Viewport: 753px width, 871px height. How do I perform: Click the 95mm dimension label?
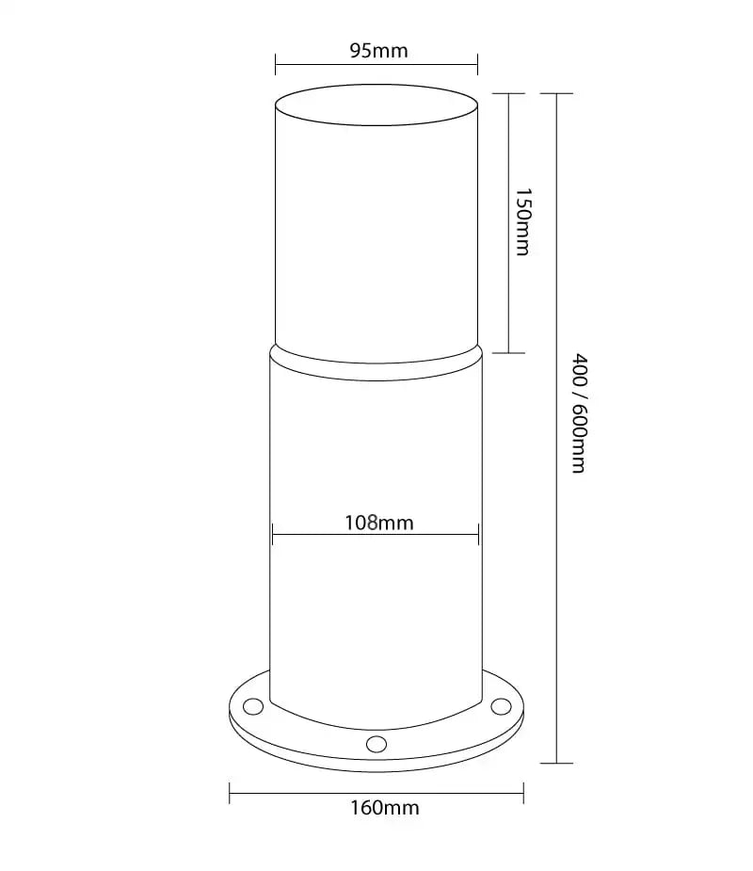coord(378,51)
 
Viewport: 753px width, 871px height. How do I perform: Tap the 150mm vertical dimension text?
coord(523,222)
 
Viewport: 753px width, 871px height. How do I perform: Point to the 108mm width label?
coord(379,522)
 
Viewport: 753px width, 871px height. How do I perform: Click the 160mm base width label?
coord(384,807)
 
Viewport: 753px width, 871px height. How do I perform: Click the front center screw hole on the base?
coord(376,744)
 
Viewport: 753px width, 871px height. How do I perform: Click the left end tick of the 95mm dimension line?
coord(276,65)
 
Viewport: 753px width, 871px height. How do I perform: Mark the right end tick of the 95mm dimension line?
coord(477,65)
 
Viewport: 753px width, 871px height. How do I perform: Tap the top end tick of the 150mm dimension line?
coord(508,93)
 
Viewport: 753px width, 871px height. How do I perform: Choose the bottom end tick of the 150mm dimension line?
coord(508,353)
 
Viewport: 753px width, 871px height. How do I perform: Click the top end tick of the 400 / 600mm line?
coord(557,93)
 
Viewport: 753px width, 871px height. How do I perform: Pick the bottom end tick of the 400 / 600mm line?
coord(557,763)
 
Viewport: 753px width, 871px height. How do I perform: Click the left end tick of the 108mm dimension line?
coord(272,535)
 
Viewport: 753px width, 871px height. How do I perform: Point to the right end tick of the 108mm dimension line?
coord(480,535)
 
